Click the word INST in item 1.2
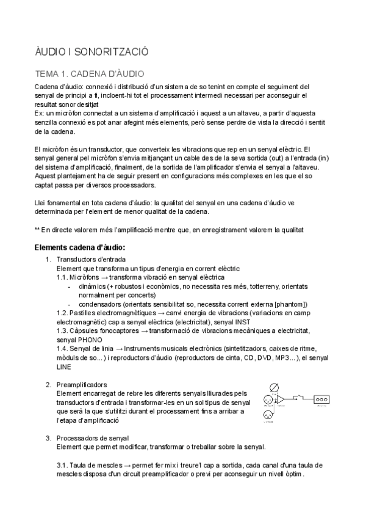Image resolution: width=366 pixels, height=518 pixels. tap(242, 321)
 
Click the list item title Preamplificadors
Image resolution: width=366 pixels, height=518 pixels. tap(82, 384)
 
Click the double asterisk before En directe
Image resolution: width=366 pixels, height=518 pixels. tap(37, 229)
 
